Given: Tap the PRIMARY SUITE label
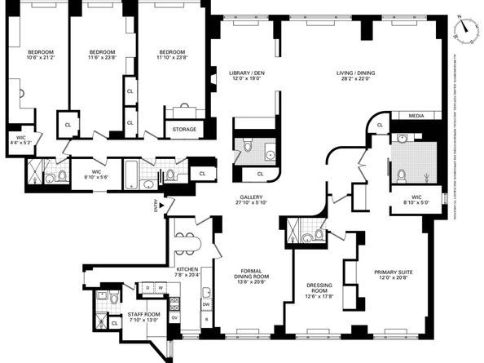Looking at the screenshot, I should [x=391, y=275].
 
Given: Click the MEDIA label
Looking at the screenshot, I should [x=416, y=116].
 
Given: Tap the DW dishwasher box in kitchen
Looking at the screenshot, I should [x=207, y=304].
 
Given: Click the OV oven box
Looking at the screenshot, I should [x=174, y=317].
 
